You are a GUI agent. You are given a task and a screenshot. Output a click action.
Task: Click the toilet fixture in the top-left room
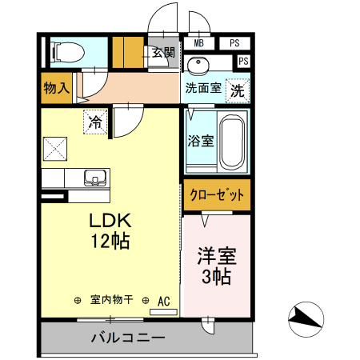click(x=68, y=53)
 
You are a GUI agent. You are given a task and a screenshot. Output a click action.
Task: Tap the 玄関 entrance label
click(x=163, y=53)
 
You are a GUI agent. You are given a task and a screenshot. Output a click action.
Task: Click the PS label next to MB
click(x=234, y=43)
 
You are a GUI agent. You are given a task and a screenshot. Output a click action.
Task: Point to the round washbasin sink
click(x=198, y=64)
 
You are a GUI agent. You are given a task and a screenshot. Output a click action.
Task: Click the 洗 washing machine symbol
click(x=238, y=90)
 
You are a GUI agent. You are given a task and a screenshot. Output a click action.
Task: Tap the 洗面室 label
click(x=203, y=88)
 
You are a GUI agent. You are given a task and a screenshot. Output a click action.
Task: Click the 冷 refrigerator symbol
click(x=95, y=123)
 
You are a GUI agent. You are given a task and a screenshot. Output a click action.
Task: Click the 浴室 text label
click(x=200, y=142)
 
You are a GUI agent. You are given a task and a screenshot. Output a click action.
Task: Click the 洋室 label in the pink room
click(x=216, y=258)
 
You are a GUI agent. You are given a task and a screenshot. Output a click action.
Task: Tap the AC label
click(x=164, y=301)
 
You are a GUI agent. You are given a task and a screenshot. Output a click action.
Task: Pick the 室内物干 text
click(x=111, y=301)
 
